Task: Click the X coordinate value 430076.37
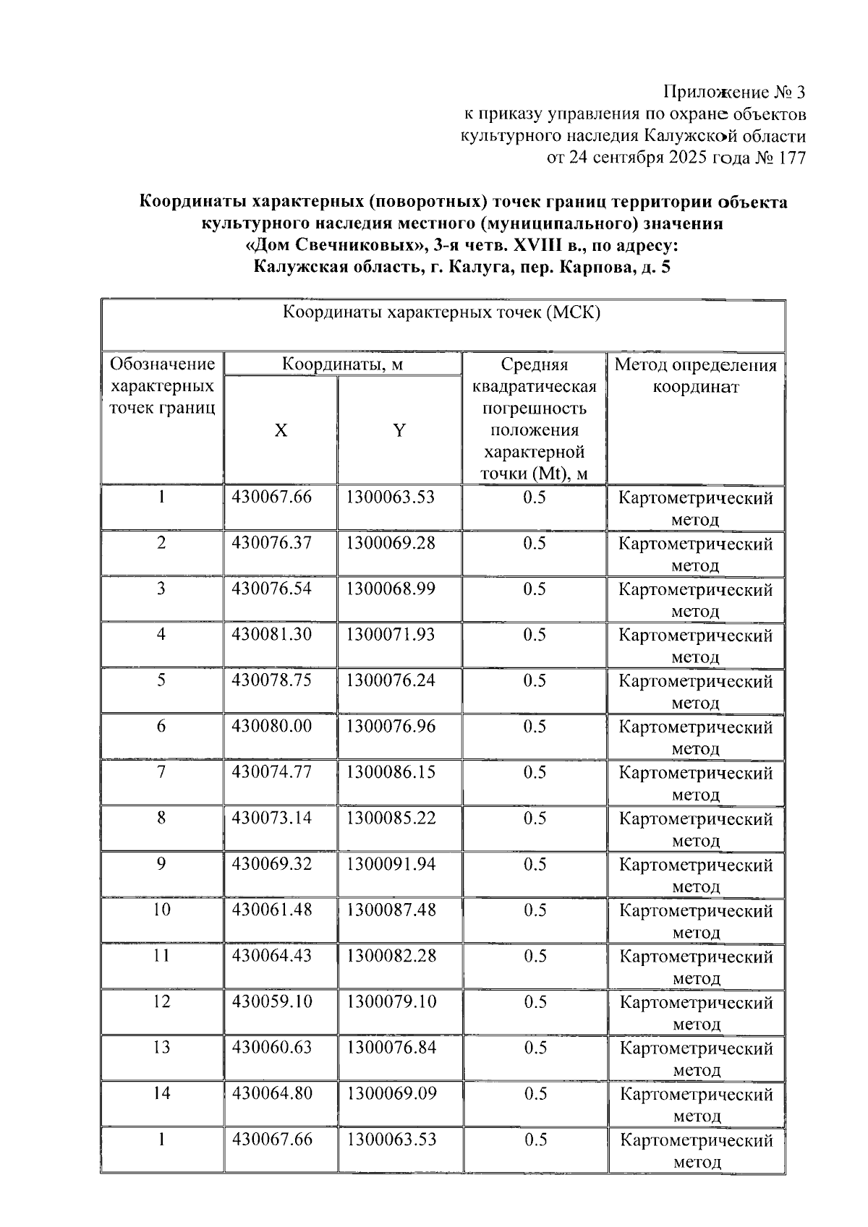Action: (271, 543)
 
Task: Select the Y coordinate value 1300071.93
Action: (391, 635)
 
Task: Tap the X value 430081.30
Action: (271, 635)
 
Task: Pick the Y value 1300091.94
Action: (391, 864)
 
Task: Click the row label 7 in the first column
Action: (161, 772)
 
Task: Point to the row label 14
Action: (161, 1093)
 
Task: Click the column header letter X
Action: (281, 431)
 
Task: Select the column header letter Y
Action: (399, 431)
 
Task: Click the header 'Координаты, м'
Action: (342, 364)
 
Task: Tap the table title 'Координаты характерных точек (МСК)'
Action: (441, 313)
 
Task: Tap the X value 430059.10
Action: (271, 1001)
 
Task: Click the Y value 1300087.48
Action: (391, 910)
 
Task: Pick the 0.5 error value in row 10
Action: (535, 910)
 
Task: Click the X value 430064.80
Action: (271, 1093)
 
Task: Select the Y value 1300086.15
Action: (391, 772)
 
